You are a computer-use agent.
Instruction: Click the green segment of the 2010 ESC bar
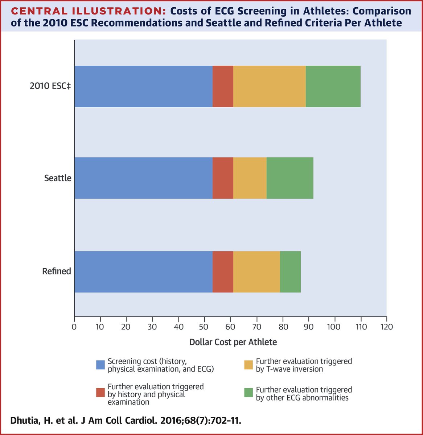pos(333,86)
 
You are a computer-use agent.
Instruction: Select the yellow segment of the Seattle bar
pos(250,178)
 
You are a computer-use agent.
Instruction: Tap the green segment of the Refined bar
pos(290,272)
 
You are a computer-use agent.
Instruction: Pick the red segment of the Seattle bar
pos(223,178)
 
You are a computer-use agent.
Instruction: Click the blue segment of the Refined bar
pos(143,272)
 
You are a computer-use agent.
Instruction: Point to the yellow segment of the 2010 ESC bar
pos(269,86)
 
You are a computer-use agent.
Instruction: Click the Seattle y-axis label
pos(58,178)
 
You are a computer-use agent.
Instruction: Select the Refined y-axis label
pos(56,271)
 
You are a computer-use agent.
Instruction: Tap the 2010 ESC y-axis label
pos(50,87)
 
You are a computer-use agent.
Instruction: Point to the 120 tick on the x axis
pos(386,326)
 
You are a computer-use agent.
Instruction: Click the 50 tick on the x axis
pos(204,326)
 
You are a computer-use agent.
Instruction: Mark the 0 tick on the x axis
pos(74,326)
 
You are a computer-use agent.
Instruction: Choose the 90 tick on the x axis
pos(308,326)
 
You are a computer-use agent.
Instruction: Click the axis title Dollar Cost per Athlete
pos(233,342)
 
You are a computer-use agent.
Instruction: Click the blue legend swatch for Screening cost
pos(100,365)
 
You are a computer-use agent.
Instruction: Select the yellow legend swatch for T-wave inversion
pos(249,365)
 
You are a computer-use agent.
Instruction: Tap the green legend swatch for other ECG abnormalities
pos(249,393)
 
